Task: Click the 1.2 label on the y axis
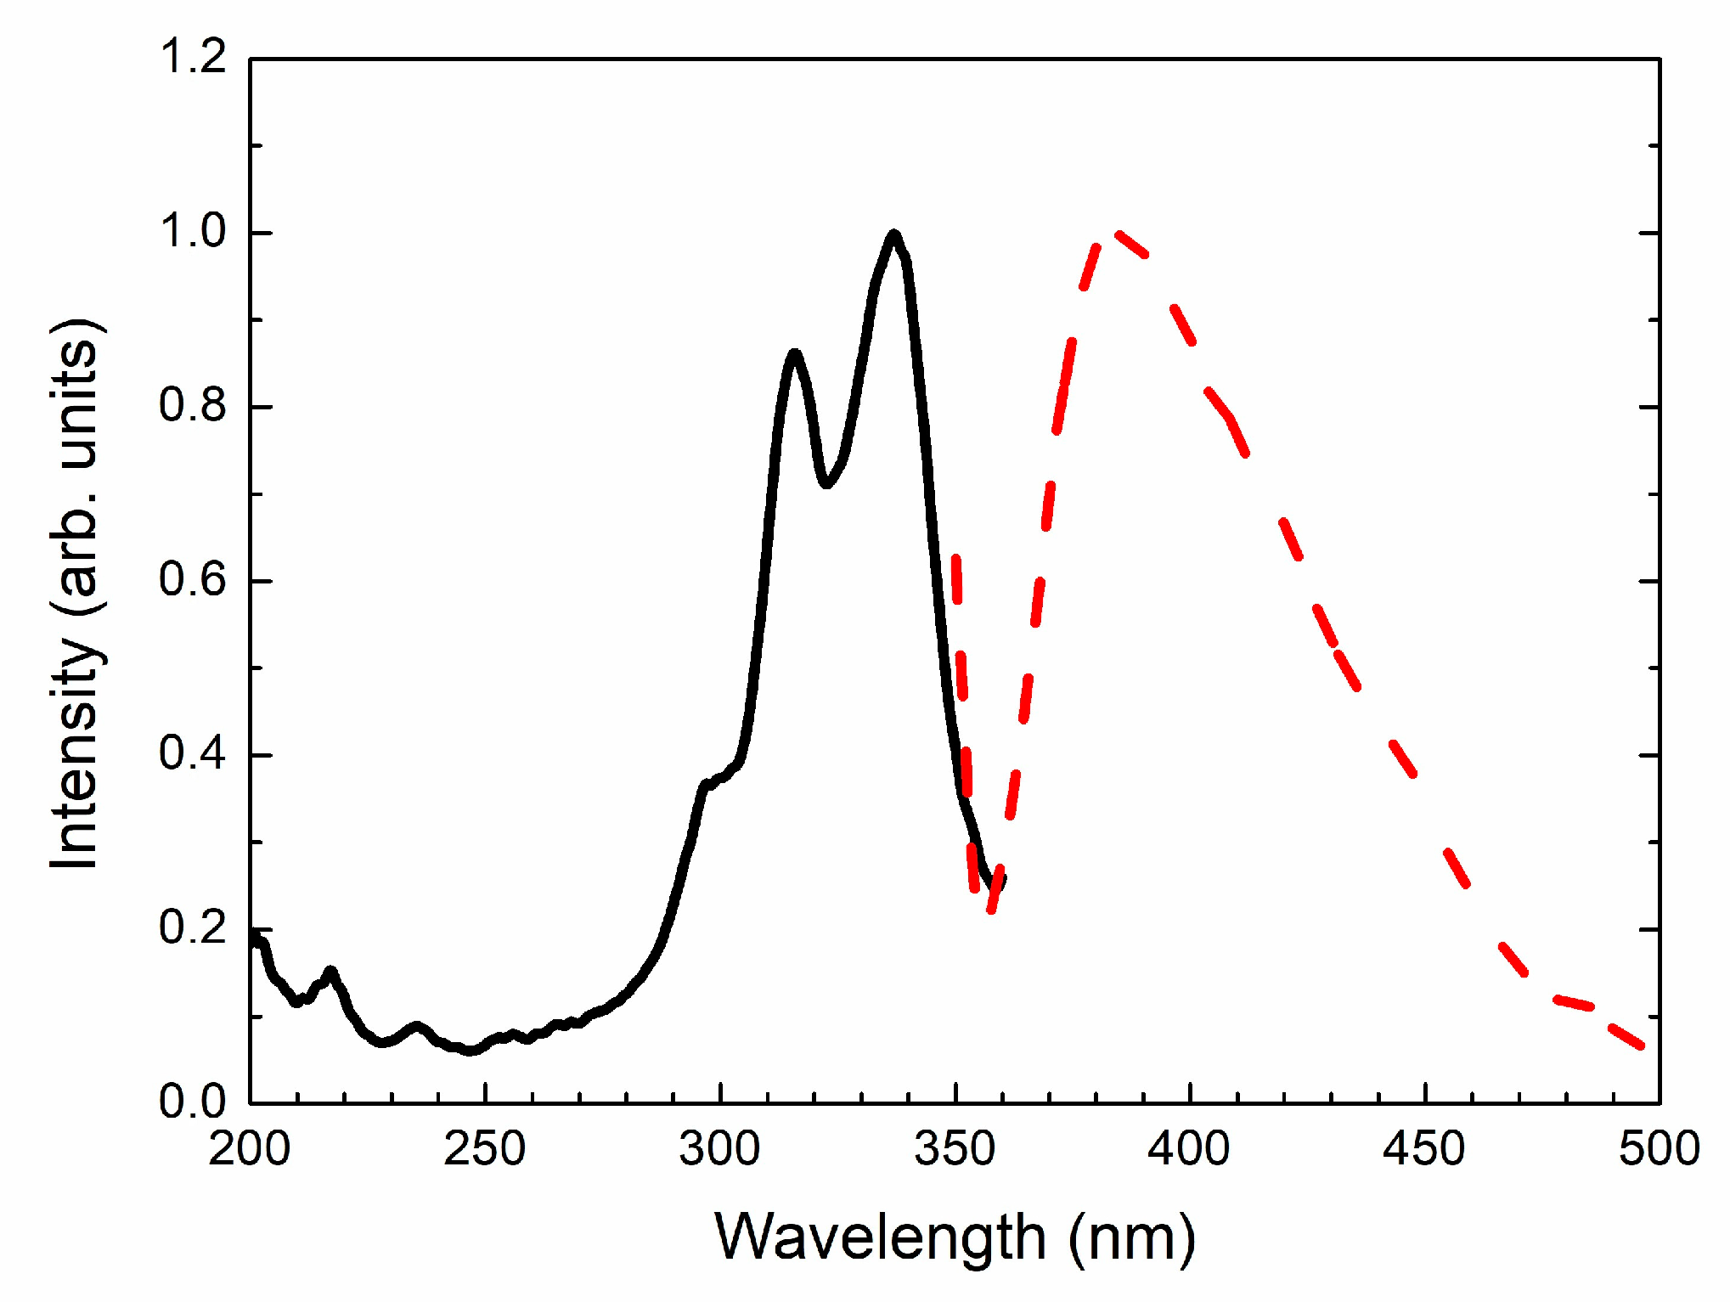(193, 58)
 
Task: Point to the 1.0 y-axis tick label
(193, 232)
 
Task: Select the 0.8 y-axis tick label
(193, 406)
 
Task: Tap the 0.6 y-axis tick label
(193, 580)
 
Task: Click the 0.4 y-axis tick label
(193, 754)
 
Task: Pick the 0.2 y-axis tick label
(193, 928)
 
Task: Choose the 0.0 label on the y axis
(193, 1102)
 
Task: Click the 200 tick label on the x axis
(250, 1149)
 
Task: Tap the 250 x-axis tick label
(485, 1149)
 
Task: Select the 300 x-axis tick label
(720, 1149)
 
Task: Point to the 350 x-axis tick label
(955, 1149)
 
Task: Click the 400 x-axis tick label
(1189, 1149)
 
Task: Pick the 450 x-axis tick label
(1424, 1149)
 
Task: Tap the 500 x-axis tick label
(1659, 1149)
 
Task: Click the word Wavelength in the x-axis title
(880, 1237)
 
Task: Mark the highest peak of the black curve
(893, 234)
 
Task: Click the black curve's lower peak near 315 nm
(794, 353)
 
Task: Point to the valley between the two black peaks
(826, 483)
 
